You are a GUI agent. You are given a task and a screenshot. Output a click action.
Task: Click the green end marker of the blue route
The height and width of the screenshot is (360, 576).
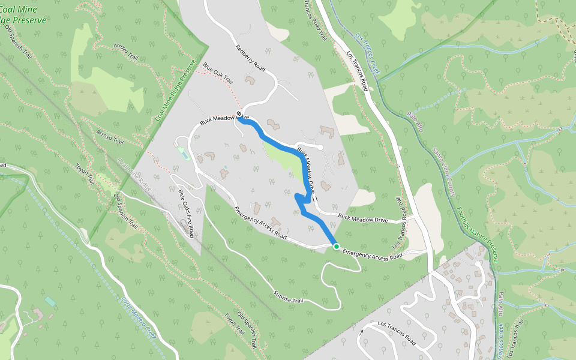click(x=336, y=247)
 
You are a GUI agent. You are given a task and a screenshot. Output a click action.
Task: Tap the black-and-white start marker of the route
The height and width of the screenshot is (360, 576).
click(x=239, y=113)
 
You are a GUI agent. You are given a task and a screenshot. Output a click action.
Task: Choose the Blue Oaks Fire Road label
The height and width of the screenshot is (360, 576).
click(x=185, y=213)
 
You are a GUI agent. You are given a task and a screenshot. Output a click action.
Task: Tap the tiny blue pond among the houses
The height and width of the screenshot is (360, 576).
click(x=225, y=167)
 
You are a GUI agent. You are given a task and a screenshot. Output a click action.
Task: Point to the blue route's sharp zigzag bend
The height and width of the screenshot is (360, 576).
click(x=300, y=201)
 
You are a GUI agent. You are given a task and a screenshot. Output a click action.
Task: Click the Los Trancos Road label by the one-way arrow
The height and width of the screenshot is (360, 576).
click(x=397, y=333)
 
